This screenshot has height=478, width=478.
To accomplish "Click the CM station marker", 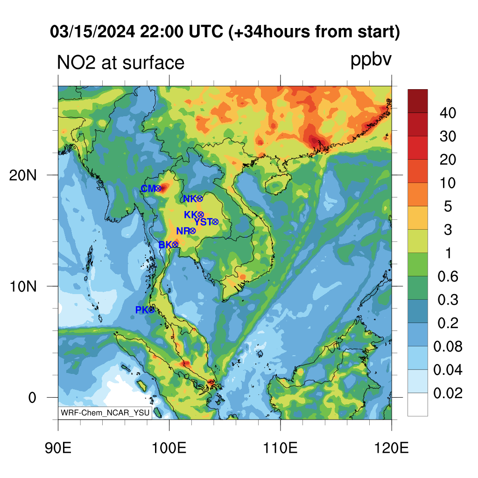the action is point(158,189).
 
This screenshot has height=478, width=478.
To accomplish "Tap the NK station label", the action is point(190,199).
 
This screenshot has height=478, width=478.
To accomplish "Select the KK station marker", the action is point(201,215).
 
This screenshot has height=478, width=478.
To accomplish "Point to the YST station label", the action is point(203,222).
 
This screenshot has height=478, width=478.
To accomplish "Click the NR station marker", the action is point(193,231).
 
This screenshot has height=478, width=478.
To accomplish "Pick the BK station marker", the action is point(175,245).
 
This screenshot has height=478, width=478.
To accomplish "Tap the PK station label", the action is point(142,310).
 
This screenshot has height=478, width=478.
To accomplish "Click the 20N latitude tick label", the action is point(22,176).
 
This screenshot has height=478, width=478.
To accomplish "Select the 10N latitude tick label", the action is point(22,287).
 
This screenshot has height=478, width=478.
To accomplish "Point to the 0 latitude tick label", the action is point(32,398).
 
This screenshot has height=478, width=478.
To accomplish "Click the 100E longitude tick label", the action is point(169,448).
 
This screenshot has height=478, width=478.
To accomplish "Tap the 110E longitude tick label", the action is point(280,448).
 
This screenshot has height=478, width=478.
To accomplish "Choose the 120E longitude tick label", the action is point(391,448).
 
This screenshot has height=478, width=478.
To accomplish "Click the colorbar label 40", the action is point(448,113).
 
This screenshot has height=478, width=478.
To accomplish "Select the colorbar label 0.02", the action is point(448,393).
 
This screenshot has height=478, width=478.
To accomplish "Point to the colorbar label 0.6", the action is point(448,276).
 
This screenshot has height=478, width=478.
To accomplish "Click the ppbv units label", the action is point(371,60).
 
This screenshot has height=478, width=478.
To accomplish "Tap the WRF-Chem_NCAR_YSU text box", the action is point(105,413).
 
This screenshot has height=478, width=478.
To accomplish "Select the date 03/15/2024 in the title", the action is point(92,32).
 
